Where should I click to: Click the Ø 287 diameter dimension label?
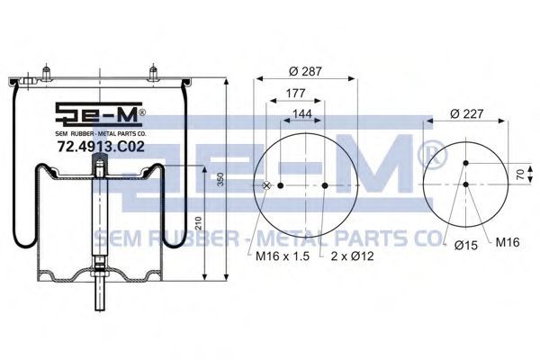point(305,71)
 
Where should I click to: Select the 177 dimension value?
point(295,93)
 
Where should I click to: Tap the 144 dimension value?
point(302,113)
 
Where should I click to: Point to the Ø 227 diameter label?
point(466,113)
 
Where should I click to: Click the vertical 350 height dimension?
point(221,179)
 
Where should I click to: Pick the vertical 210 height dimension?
point(199,223)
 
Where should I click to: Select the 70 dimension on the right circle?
point(520,174)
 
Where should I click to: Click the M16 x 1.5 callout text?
point(283,256)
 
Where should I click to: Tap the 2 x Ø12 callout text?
point(352,256)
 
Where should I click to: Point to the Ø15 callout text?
point(466,245)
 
